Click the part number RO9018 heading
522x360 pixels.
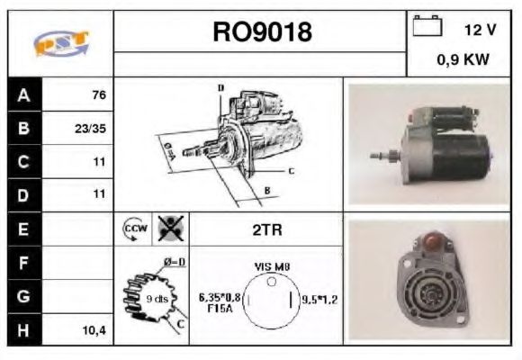pyautogui.click(x=261, y=31)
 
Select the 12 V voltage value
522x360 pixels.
pyautogui.click(x=480, y=30)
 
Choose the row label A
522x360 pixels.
pyautogui.click(x=24, y=94)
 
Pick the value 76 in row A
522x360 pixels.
pyautogui.click(x=99, y=94)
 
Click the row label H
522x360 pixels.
pyautogui.click(x=24, y=330)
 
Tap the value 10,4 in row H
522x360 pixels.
pyautogui.click(x=93, y=330)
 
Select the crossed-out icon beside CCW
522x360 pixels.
pyautogui.click(x=168, y=229)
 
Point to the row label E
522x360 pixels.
pyautogui.click(x=24, y=229)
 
